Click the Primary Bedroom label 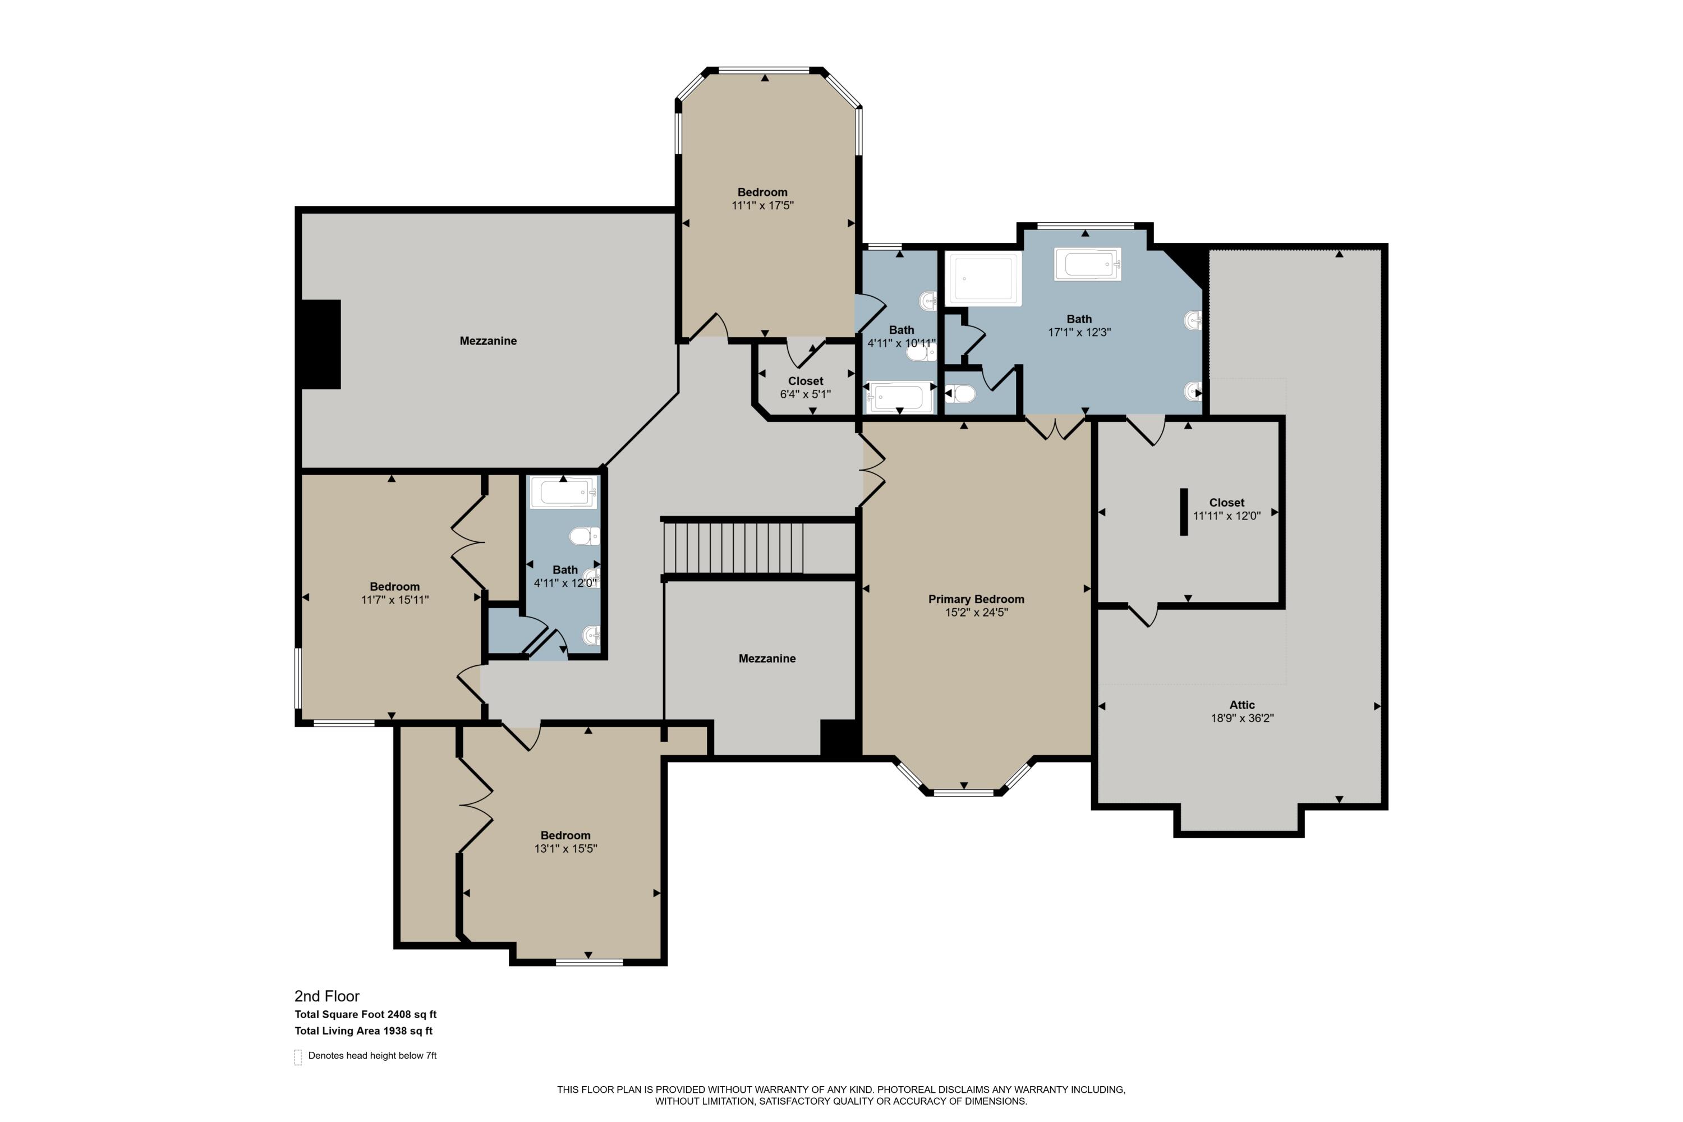pyautogui.click(x=976, y=599)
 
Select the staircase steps pyautogui.click(x=733, y=548)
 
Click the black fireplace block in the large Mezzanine pyautogui.click(x=320, y=344)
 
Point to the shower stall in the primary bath pyautogui.click(x=984, y=279)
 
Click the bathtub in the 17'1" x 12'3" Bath pyautogui.click(x=1087, y=264)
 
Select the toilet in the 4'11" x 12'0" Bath pyautogui.click(x=585, y=536)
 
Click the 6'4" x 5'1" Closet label pyautogui.click(x=806, y=381)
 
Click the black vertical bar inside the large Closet pyautogui.click(x=1184, y=512)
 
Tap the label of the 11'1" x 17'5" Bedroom pyautogui.click(x=763, y=192)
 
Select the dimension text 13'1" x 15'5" pyautogui.click(x=565, y=849)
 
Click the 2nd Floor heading pyautogui.click(x=327, y=996)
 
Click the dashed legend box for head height pyautogui.click(x=298, y=1057)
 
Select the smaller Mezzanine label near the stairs pyautogui.click(x=767, y=658)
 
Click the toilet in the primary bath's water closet pyautogui.click(x=960, y=394)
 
